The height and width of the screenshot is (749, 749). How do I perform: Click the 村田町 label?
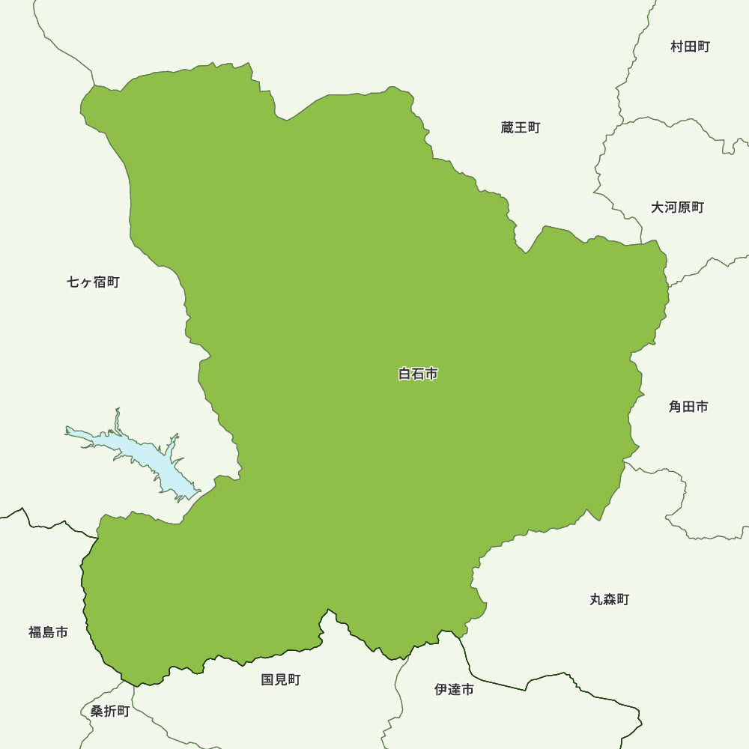point(690,47)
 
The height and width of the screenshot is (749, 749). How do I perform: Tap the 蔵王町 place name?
point(521,128)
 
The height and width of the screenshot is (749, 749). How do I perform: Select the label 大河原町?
point(677,207)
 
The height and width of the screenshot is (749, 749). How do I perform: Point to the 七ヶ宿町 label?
point(93,282)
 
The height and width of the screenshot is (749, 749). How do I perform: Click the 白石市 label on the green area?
point(418,374)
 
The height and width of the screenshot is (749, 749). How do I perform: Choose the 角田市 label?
point(688,407)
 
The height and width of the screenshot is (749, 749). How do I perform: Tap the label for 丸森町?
point(609,599)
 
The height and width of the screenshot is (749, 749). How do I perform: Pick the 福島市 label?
point(48,633)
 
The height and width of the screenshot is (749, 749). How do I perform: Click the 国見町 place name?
point(281,680)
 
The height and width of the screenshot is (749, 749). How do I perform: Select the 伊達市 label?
point(454,690)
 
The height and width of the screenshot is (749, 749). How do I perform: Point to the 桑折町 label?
point(110,712)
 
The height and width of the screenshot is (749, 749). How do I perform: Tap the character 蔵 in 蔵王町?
point(508,128)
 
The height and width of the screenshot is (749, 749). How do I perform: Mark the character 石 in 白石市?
point(418,374)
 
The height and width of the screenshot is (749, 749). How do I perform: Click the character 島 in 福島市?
point(48,633)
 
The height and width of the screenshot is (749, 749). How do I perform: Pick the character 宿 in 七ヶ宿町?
point(100,282)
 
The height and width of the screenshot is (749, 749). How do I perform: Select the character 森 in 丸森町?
point(609,599)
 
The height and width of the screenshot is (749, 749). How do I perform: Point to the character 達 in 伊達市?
point(454,690)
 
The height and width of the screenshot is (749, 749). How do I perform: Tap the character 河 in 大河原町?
point(670,207)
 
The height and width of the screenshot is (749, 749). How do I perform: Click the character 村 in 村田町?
point(677,47)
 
